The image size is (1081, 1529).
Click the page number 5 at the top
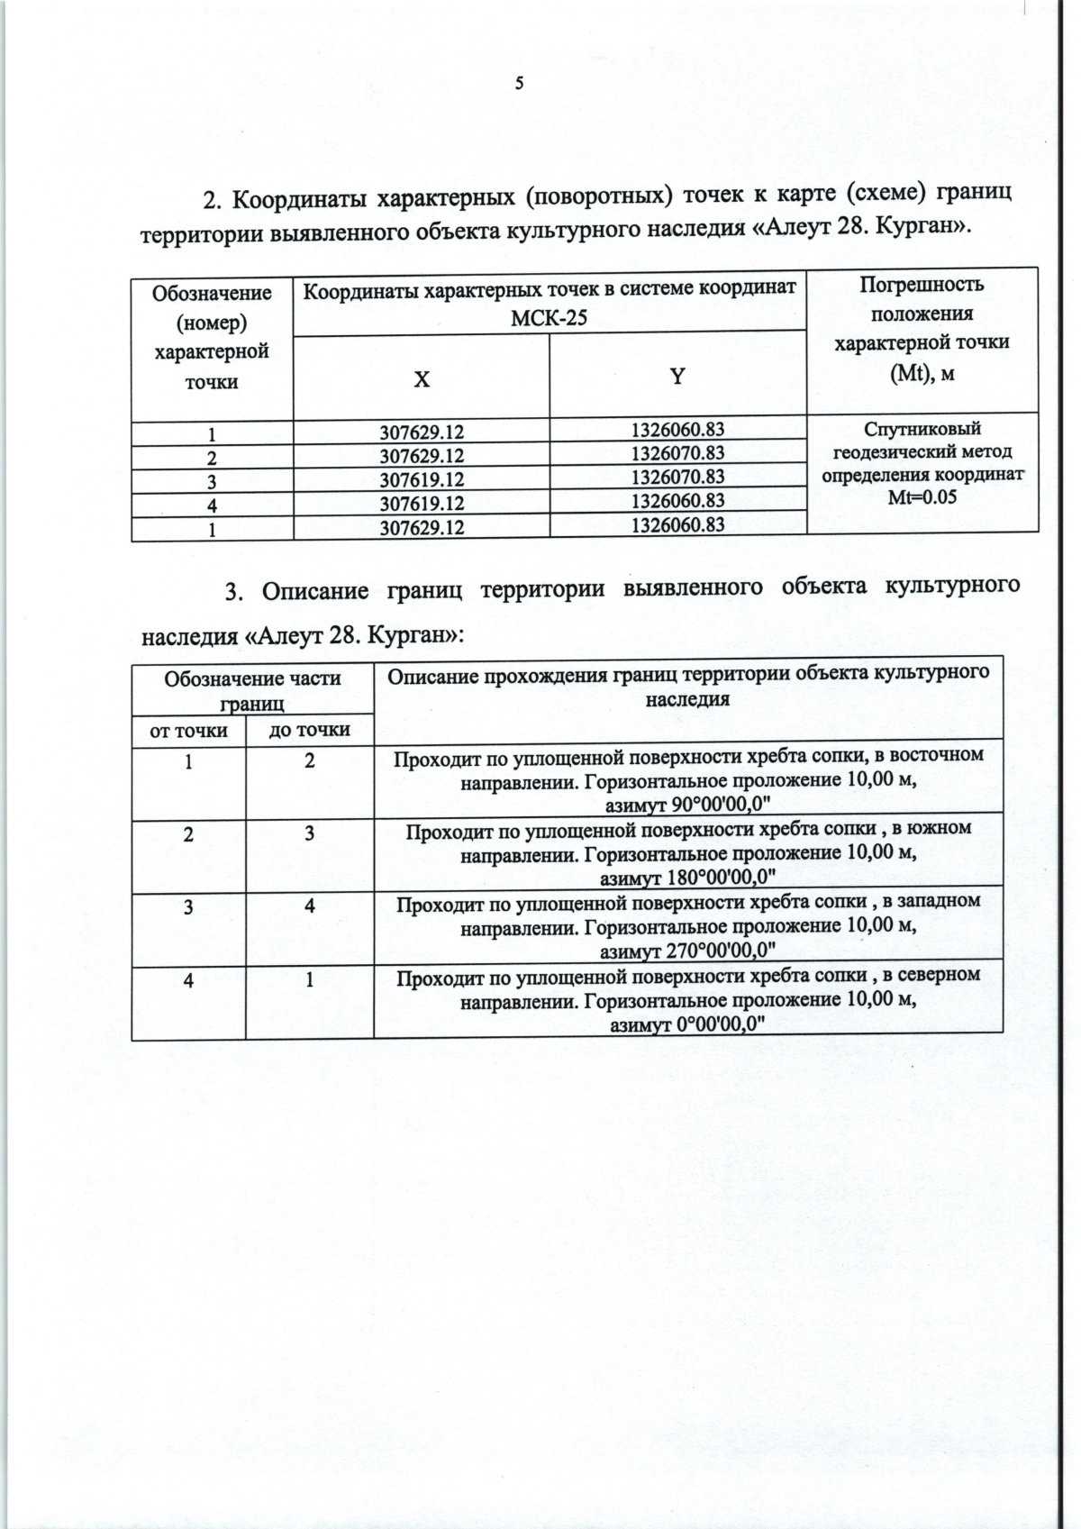519,84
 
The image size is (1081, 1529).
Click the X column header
421,379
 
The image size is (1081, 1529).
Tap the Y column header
677,377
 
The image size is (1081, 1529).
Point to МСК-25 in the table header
549,316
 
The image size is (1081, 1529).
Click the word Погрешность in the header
921,286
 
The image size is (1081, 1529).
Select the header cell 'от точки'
187,730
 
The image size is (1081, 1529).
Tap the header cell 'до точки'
309,730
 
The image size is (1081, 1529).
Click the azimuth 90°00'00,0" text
689,803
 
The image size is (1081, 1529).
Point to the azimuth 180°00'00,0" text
689,876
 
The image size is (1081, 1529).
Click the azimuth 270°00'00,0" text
689,950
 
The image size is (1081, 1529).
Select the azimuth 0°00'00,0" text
689,1024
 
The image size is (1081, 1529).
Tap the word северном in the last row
939,975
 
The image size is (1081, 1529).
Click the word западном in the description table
937,901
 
